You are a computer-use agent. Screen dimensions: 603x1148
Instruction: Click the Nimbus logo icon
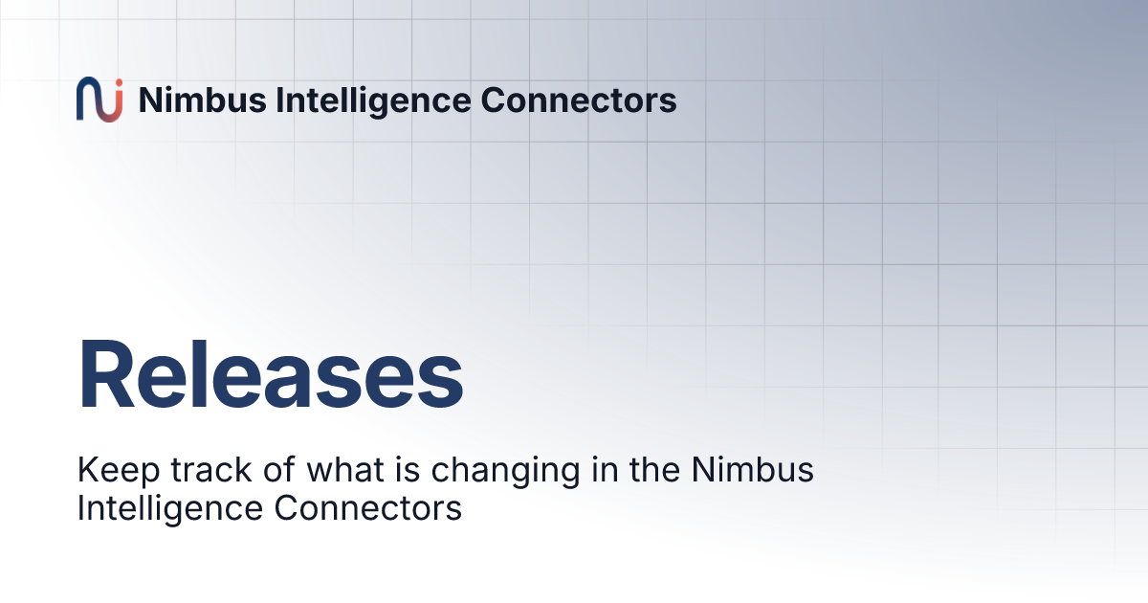[99, 100]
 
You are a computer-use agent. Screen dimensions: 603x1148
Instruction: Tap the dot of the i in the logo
[117, 85]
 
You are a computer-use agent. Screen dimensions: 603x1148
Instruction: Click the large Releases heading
[271, 376]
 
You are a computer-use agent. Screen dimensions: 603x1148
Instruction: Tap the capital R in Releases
[106, 376]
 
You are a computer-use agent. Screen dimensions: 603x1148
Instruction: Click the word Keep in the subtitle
[111, 471]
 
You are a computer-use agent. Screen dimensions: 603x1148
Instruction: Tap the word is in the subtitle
[385, 471]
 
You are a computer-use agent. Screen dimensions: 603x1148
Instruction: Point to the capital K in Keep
[87, 471]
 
